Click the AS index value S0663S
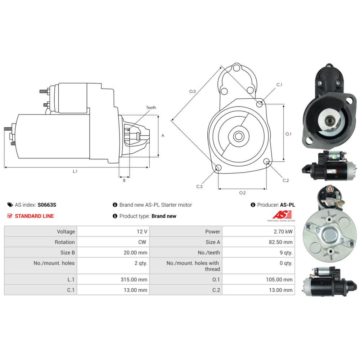47,205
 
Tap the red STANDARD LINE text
34,216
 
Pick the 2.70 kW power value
283,231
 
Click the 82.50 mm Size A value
280,242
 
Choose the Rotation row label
65,242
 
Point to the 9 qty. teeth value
286,253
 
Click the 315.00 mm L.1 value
134,279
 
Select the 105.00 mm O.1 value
279,279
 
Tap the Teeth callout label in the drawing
151,107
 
